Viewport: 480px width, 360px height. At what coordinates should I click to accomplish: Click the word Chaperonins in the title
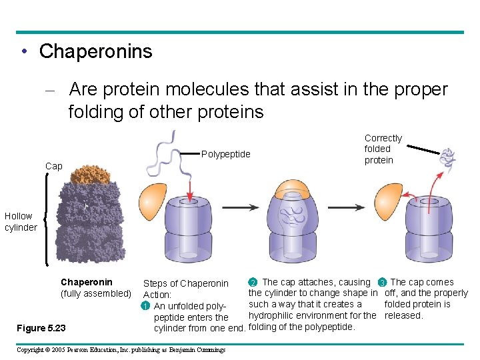pyautogui.click(x=95, y=51)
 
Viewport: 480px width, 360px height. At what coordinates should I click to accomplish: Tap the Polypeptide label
pyautogui.click(x=225, y=154)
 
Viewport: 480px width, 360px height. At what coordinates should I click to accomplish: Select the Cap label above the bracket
pyautogui.click(x=53, y=166)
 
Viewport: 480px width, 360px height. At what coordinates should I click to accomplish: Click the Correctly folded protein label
pyautogui.click(x=383, y=149)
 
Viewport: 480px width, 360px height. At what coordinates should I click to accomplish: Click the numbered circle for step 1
pyautogui.click(x=145, y=306)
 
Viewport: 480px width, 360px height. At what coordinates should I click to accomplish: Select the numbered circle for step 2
pyautogui.click(x=252, y=282)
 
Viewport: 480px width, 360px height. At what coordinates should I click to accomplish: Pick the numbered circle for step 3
pyautogui.click(x=382, y=282)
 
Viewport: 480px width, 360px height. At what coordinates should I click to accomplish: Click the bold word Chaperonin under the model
pyautogui.click(x=87, y=282)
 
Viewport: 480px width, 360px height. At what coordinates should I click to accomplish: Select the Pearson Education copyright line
pyautogui.click(x=121, y=349)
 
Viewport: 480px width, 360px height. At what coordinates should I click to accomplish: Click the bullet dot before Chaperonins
pyautogui.click(x=23, y=52)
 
